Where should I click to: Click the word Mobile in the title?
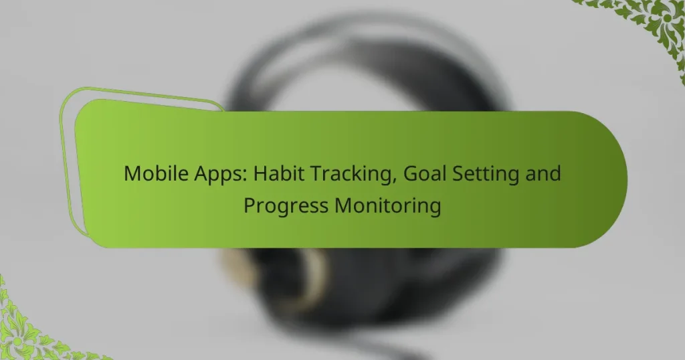(x=156, y=173)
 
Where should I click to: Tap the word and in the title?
(x=543, y=173)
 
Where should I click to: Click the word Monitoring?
(x=387, y=207)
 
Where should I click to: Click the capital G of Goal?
(x=410, y=173)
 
